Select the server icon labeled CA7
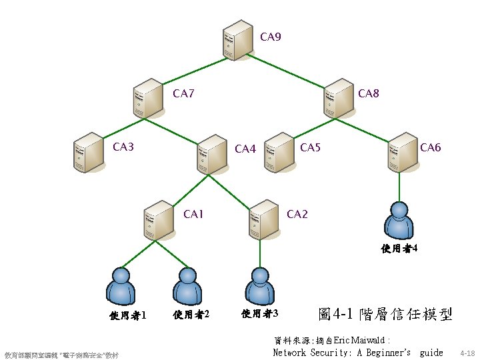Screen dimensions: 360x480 (148, 98)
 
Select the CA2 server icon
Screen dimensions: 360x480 (263, 219)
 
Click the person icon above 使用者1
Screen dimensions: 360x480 (121, 287)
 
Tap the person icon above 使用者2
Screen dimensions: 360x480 (187, 287)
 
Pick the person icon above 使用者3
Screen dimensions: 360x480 (259, 287)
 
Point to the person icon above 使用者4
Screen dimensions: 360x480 (400, 221)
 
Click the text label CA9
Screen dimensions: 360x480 (270, 37)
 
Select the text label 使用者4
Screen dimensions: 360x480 (399, 249)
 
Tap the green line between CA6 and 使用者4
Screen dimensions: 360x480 (400, 185)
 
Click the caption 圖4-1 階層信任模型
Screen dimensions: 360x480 (385, 313)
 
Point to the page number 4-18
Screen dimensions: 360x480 (467, 353)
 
